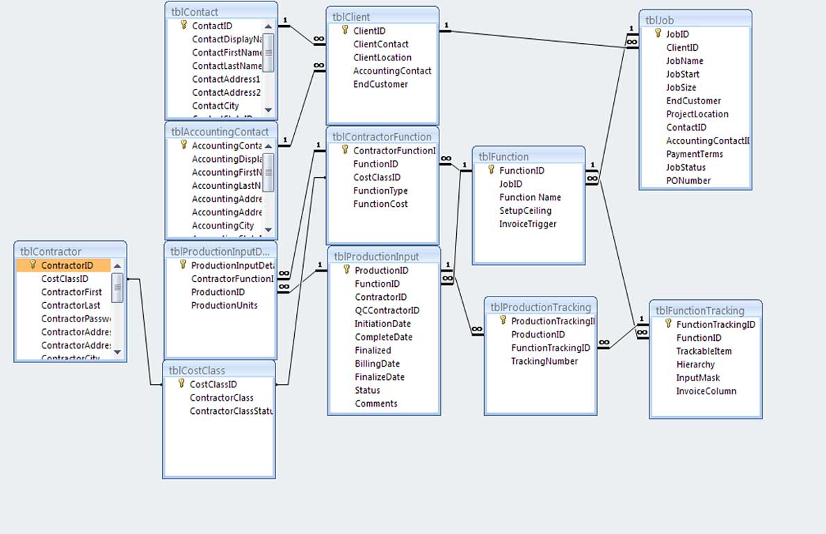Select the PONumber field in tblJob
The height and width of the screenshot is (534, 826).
[x=688, y=181]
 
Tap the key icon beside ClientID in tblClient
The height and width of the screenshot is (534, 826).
[x=344, y=31]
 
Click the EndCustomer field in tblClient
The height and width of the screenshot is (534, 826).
[x=380, y=84]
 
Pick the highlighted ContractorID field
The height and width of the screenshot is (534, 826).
[x=67, y=265]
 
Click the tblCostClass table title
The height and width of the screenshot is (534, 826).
[x=198, y=370]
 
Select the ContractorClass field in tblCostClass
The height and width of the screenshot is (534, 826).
[x=222, y=398]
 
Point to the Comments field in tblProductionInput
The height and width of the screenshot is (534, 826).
[x=376, y=403]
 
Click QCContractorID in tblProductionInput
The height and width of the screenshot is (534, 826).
[x=387, y=310]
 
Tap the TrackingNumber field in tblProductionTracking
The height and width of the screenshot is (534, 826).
[x=544, y=361]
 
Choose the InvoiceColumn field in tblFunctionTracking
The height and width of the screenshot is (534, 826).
[x=706, y=391]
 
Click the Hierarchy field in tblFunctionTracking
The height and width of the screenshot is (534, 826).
[x=695, y=365]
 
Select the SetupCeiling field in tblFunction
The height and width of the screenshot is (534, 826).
[x=525, y=210]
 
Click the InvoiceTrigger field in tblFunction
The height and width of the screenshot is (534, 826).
[x=528, y=224]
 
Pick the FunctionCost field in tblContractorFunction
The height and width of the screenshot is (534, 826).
[x=380, y=204]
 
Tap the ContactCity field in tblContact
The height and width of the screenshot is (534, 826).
[x=216, y=106]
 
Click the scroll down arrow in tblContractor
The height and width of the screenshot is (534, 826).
[x=117, y=353]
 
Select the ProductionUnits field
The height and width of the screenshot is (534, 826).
[x=224, y=306]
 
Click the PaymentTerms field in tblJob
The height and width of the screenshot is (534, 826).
[x=695, y=154]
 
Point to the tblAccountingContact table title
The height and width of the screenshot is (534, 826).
[x=220, y=132]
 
